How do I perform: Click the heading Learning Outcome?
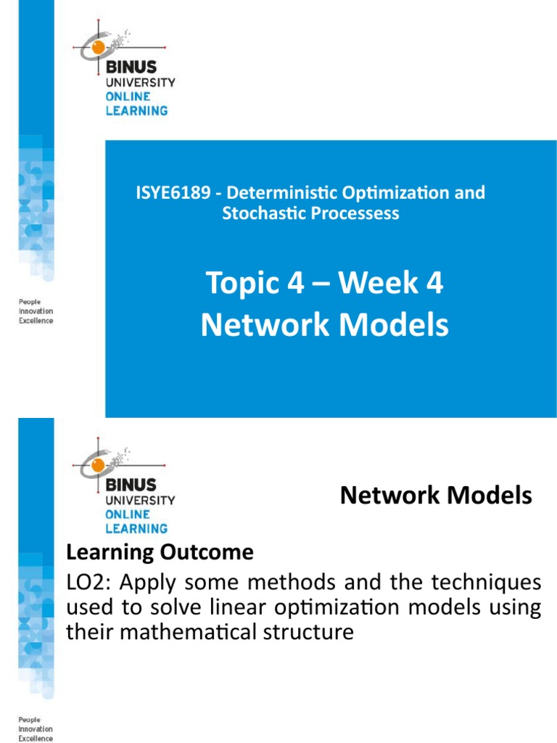(x=160, y=553)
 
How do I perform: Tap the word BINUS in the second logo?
(x=131, y=485)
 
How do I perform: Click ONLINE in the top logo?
(x=128, y=97)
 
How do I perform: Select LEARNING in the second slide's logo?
(x=136, y=528)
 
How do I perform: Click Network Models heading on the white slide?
(x=436, y=496)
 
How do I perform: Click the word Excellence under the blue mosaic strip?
(x=36, y=321)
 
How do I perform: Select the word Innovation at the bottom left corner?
(x=36, y=729)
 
